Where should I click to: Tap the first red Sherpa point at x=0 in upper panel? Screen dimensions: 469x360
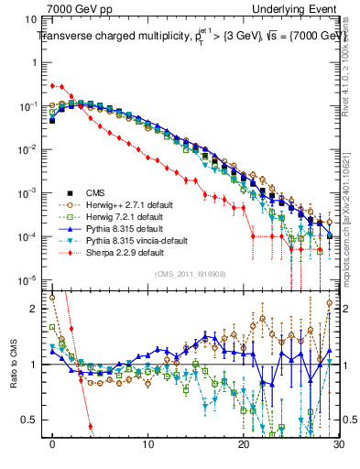(x=53, y=85)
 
